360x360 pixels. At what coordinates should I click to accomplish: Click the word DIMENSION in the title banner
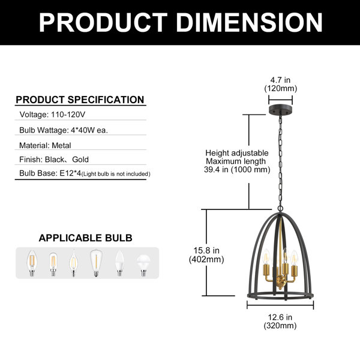[250, 22]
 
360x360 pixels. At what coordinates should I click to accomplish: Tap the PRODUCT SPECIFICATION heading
[80, 100]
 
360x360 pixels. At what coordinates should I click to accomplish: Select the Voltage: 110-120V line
[52, 115]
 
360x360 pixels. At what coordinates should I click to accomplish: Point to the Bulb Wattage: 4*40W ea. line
[64, 130]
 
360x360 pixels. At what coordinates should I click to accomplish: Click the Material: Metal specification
[45, 145]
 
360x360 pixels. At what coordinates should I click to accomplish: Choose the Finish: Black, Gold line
[54, 160]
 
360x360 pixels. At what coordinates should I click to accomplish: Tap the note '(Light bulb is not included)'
[116, 174]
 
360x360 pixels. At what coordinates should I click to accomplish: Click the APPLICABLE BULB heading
[85, 238]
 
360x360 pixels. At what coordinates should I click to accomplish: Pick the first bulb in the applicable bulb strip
[32, 263]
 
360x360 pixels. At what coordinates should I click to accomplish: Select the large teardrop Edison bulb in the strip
[96, 263]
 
